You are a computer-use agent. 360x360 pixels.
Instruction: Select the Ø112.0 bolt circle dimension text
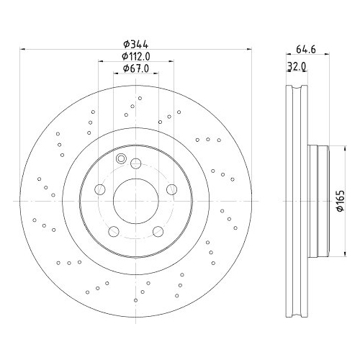135,56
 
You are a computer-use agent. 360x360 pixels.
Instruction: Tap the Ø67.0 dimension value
135,68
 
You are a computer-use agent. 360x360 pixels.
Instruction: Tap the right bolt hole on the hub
171,189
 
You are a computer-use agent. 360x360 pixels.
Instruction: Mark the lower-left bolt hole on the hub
113,230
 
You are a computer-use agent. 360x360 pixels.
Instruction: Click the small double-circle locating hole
121,159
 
